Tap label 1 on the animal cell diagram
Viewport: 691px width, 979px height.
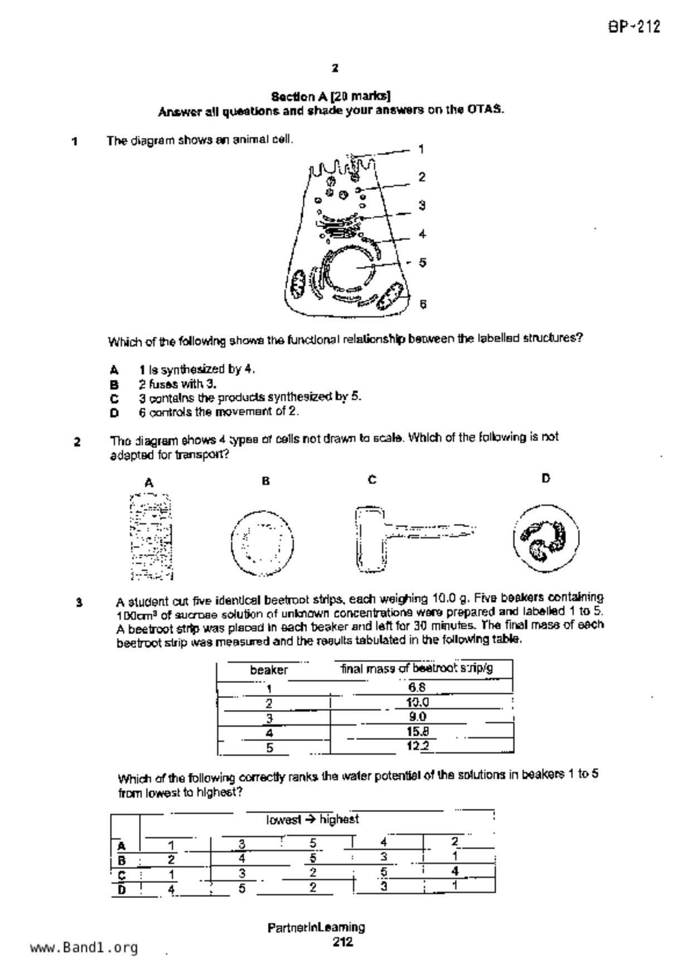click(x=421, y=149)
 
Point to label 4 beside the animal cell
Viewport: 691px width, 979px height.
click(x=422, y=234)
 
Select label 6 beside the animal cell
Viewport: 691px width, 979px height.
click(x=423, y=304)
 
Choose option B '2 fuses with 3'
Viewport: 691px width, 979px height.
click(x=177, y=384)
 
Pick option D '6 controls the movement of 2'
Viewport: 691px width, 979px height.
click(x=218, y=412)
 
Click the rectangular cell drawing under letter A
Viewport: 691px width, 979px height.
click(x=150, y=536)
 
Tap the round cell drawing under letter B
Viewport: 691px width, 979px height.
click(x=262, y=542)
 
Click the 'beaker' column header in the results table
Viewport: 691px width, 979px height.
click(x=269, y=670)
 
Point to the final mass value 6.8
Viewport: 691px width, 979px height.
click(x=417, y=687)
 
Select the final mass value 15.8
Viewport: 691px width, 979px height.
click(x=417, y=731)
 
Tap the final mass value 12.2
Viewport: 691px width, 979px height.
click(x=417, y=746)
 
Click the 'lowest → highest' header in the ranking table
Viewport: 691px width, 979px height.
click(x=312, y=819)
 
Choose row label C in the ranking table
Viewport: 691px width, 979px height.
click(x=121, y=874)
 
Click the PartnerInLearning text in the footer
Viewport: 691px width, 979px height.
click(x=316, y=927)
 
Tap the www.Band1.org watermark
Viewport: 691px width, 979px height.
click(x=84, y=948)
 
